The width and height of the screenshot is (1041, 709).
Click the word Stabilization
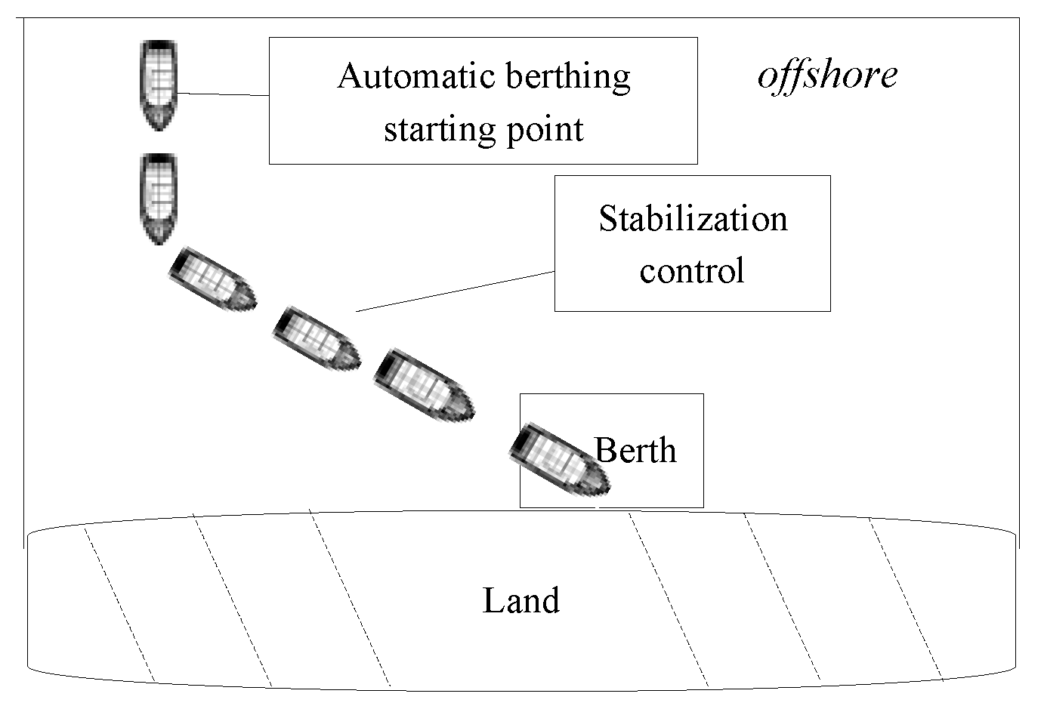tap(693, 219)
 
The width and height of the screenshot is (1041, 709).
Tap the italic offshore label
tap(827, 75)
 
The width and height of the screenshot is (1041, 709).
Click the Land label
tap(520, 601)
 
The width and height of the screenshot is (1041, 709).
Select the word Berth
tap(635, 450)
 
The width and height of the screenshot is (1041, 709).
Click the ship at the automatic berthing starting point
tap(159, 85)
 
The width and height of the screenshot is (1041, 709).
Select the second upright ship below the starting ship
tap(159, 199)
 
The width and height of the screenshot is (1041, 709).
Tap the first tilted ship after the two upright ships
tap(212, 279)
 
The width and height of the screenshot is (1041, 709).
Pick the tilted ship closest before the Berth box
tap(424, 383)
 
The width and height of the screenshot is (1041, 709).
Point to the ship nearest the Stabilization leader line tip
tap(315, 339)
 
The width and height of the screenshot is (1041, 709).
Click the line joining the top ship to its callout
tap(223, 94)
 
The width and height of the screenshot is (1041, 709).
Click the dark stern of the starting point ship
tap(159, 46)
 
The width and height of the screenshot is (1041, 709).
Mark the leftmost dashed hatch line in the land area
tap(119, 604)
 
